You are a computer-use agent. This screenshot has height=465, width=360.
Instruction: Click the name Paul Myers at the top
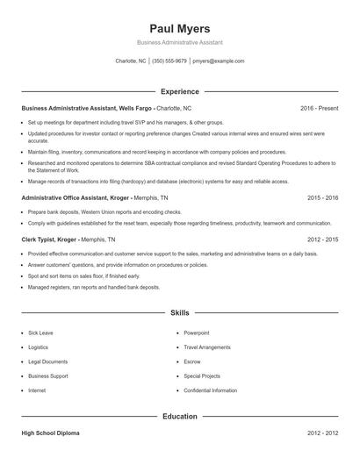coord(179,28)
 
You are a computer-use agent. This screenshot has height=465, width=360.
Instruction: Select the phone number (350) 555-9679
coord(169,61)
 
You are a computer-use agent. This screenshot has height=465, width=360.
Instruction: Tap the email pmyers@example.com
coord(218,61)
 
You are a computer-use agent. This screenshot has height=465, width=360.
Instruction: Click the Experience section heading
coord(179,91)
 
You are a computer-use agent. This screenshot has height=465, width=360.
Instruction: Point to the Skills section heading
coord(179,312)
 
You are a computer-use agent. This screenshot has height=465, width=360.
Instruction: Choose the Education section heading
coord(179,417)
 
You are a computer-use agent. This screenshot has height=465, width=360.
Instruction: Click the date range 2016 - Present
coord(319,108)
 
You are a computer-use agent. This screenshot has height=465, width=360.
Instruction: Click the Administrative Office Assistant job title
coord(67,198)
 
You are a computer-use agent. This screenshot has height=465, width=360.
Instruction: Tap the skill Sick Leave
coord(40,333)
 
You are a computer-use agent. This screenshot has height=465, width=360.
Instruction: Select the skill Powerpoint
coord(197,333)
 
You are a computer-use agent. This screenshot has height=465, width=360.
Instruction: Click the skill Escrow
coord(192,361)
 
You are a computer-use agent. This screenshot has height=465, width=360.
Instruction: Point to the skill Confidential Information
coord(210,390)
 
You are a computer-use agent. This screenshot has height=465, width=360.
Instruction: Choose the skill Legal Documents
coord(47,361)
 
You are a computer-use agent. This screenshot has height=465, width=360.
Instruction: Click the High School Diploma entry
coord(52,433)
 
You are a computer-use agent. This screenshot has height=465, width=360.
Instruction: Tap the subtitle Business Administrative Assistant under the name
coord(179,42)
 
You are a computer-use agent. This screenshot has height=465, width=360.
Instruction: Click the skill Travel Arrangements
coord(207,347)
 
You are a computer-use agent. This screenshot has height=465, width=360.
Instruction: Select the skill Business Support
coord(47,376)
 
